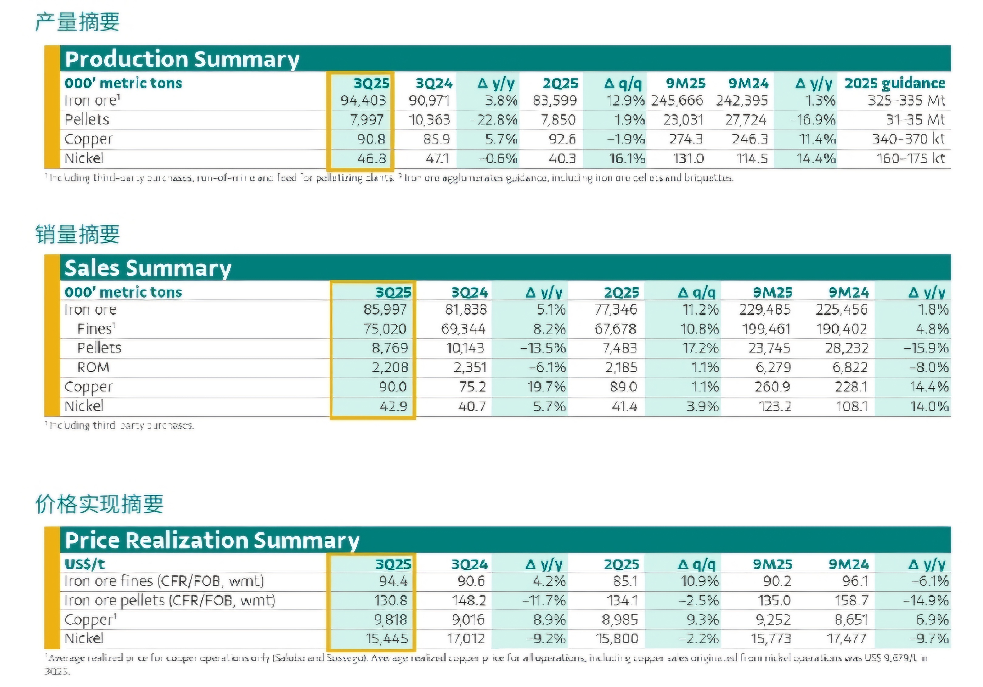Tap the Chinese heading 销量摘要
pos(77,234)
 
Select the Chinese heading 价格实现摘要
pos(99,504)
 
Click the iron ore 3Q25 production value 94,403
pos(363,101)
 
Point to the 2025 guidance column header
pos(895,83)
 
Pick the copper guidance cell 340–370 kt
pos(908,139)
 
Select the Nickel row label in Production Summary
pos(84,158)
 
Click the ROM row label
pos(93,368)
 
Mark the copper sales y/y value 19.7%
pos(546,387)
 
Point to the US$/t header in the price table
pos(85,564)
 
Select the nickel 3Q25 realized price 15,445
pos(387,639)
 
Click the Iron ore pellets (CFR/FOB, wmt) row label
pos(170,600)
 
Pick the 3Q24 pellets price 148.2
pos(469,600)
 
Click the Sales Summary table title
pos(148,268)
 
